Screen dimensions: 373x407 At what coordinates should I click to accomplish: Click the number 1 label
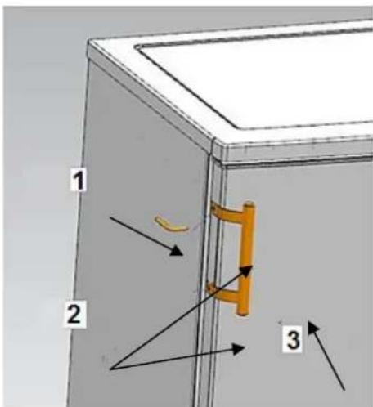79,180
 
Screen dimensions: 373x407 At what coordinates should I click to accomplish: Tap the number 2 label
74,314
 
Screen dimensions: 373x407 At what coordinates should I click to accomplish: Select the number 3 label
293,340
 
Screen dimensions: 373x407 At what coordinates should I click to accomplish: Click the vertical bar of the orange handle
246,258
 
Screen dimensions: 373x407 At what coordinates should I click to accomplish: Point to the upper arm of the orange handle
226,212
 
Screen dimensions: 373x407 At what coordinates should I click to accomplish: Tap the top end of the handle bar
249,203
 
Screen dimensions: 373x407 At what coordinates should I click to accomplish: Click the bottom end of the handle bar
243,313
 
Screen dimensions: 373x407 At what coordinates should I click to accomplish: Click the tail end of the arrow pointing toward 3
344,390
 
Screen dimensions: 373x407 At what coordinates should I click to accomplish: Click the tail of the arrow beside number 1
110,217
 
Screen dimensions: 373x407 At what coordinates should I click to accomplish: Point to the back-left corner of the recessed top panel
137,47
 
